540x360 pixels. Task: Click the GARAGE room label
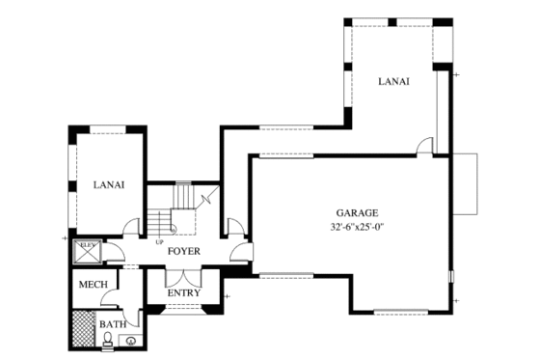(x=357, y=213)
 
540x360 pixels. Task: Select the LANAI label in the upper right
(x=393, y=82)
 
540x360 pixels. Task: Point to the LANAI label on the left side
(x=107, y=183)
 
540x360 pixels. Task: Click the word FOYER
(x=183, y=251)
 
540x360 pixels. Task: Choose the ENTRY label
(x=183, y=292)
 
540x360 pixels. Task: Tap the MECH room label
(x=93, y=286)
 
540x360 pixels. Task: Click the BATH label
(x=112, y=324)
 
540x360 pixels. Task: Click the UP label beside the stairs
(x=159, y=242)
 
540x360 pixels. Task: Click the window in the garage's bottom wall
(x=400, y=312)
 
